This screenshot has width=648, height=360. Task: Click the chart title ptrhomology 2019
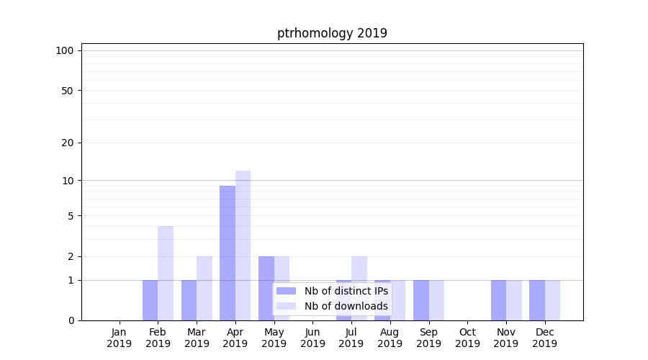(332, 33)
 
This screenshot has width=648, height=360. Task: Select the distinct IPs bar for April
(228, 253)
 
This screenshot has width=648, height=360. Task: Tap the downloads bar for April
(243, 246)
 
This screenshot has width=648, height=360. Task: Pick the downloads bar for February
(166, 273)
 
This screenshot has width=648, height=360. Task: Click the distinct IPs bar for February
(150, 300)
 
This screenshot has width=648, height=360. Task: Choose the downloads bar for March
(204, 288)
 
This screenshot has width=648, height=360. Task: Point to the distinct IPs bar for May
(266, 288)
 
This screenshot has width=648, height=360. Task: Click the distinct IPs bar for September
(421, 300)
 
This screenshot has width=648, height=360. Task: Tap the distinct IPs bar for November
(498, 300)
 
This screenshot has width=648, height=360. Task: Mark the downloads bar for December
(552, 300)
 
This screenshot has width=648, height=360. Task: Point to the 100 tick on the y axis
(65, 50)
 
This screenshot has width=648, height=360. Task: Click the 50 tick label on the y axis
(68, 91)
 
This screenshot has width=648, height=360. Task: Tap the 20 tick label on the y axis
(68, 143)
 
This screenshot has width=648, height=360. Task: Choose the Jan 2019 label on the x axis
(120, 338)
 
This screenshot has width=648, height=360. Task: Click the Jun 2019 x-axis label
(312, 338)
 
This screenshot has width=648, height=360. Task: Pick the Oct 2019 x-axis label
(467, 338)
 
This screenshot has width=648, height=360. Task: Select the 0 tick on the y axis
(71, 320)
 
